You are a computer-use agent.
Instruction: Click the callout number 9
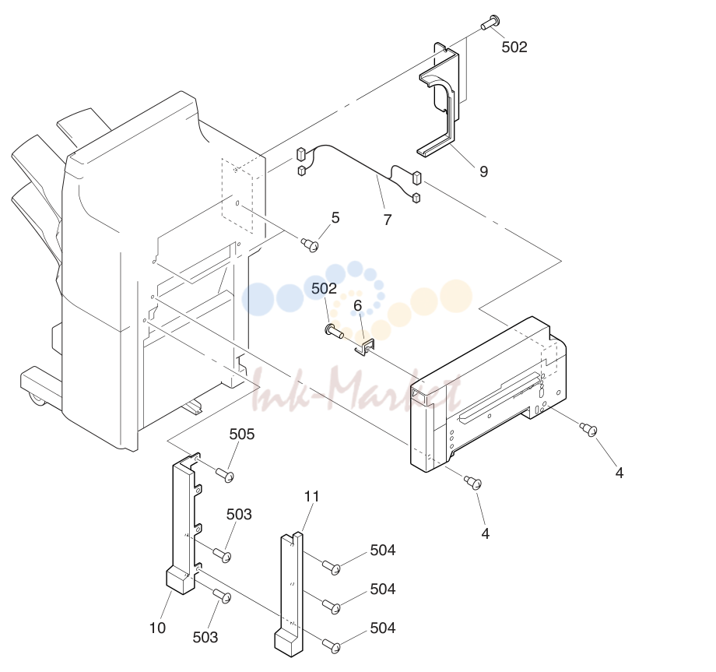point(483,171)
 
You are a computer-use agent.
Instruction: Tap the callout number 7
point(388,220)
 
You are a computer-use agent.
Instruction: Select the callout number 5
point(335,217)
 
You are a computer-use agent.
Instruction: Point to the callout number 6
point(357,305)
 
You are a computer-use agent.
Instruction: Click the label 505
point(242,434)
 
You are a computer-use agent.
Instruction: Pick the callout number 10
point(157,628)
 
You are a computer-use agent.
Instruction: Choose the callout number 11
point(312,496)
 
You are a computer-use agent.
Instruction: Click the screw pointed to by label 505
point(224,475)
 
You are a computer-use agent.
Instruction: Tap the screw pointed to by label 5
point(310,245)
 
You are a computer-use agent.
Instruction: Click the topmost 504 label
point(383,550)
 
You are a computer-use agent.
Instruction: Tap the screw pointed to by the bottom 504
point(332,646)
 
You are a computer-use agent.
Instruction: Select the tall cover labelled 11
point(289,594)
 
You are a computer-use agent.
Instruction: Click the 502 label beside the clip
point(325,288)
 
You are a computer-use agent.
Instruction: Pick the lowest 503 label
point(205,637)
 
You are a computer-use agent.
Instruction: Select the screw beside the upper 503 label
point(223,555)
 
